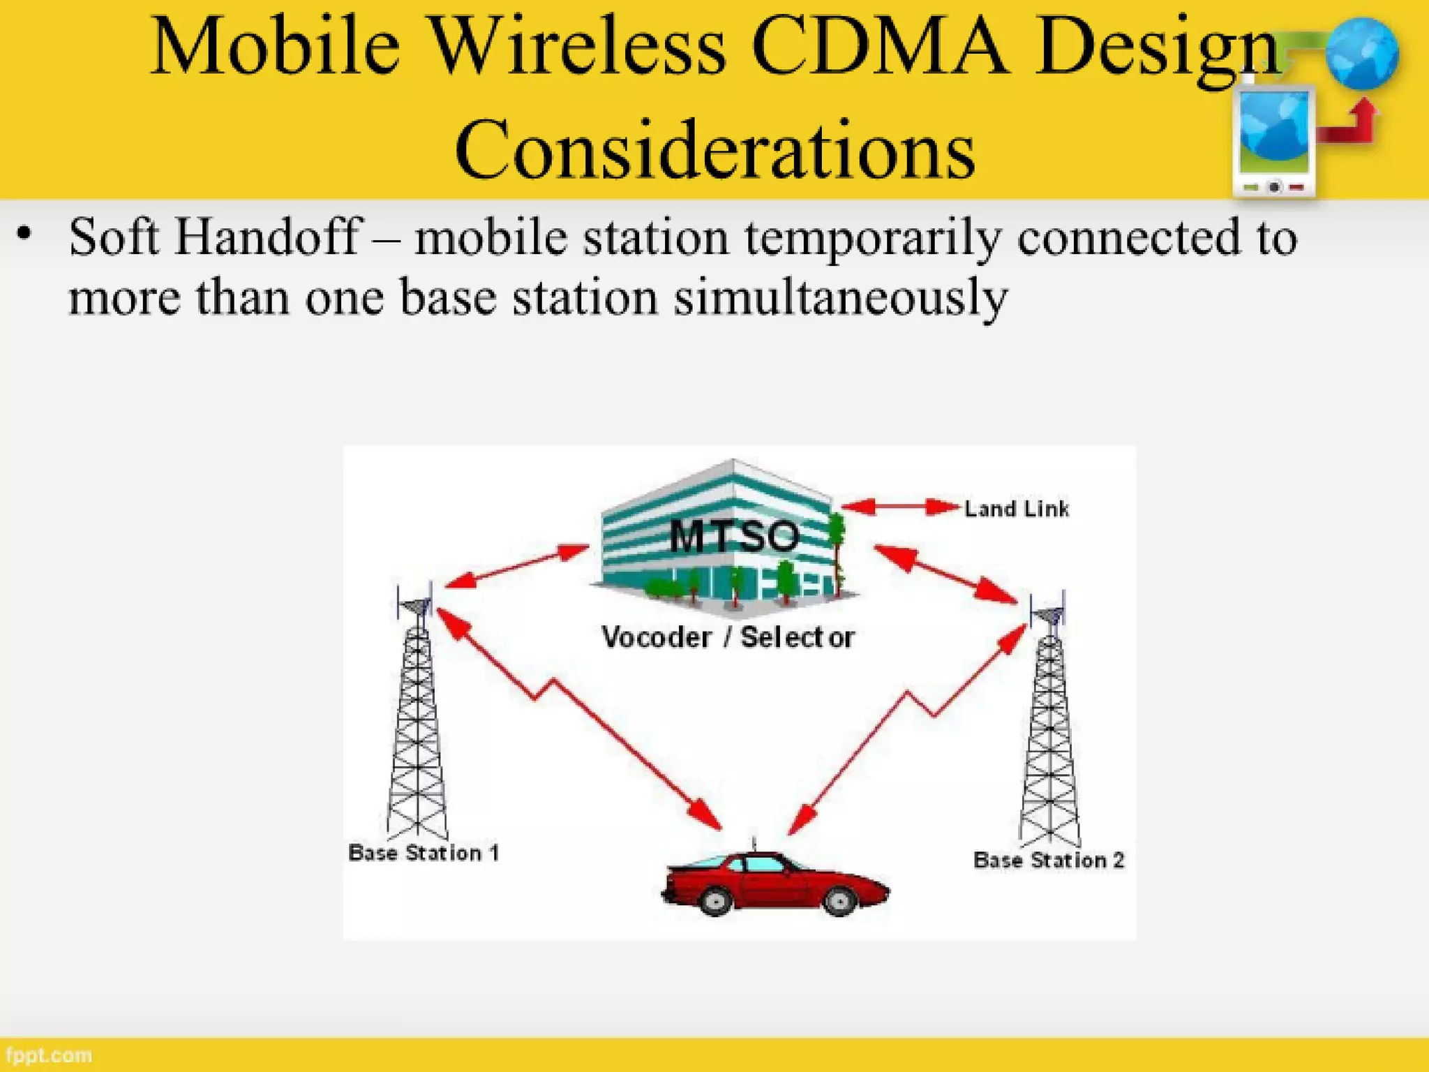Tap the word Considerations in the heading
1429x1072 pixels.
click(714, 150)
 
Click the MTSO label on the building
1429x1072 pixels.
click(734, 536)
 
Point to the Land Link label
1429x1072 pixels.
click(1016, 509)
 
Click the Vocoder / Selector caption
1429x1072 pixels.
click(727, 637)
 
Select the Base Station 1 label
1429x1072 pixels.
click(424, 853)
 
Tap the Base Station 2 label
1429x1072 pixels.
click(1048, 860)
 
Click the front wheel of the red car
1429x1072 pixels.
click(839, 900)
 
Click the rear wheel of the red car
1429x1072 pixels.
click(714, 900)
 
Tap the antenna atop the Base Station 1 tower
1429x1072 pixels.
click(416, 604)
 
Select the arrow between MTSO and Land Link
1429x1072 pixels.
click(900, 507)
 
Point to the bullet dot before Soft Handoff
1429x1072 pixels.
click(25, 234)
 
